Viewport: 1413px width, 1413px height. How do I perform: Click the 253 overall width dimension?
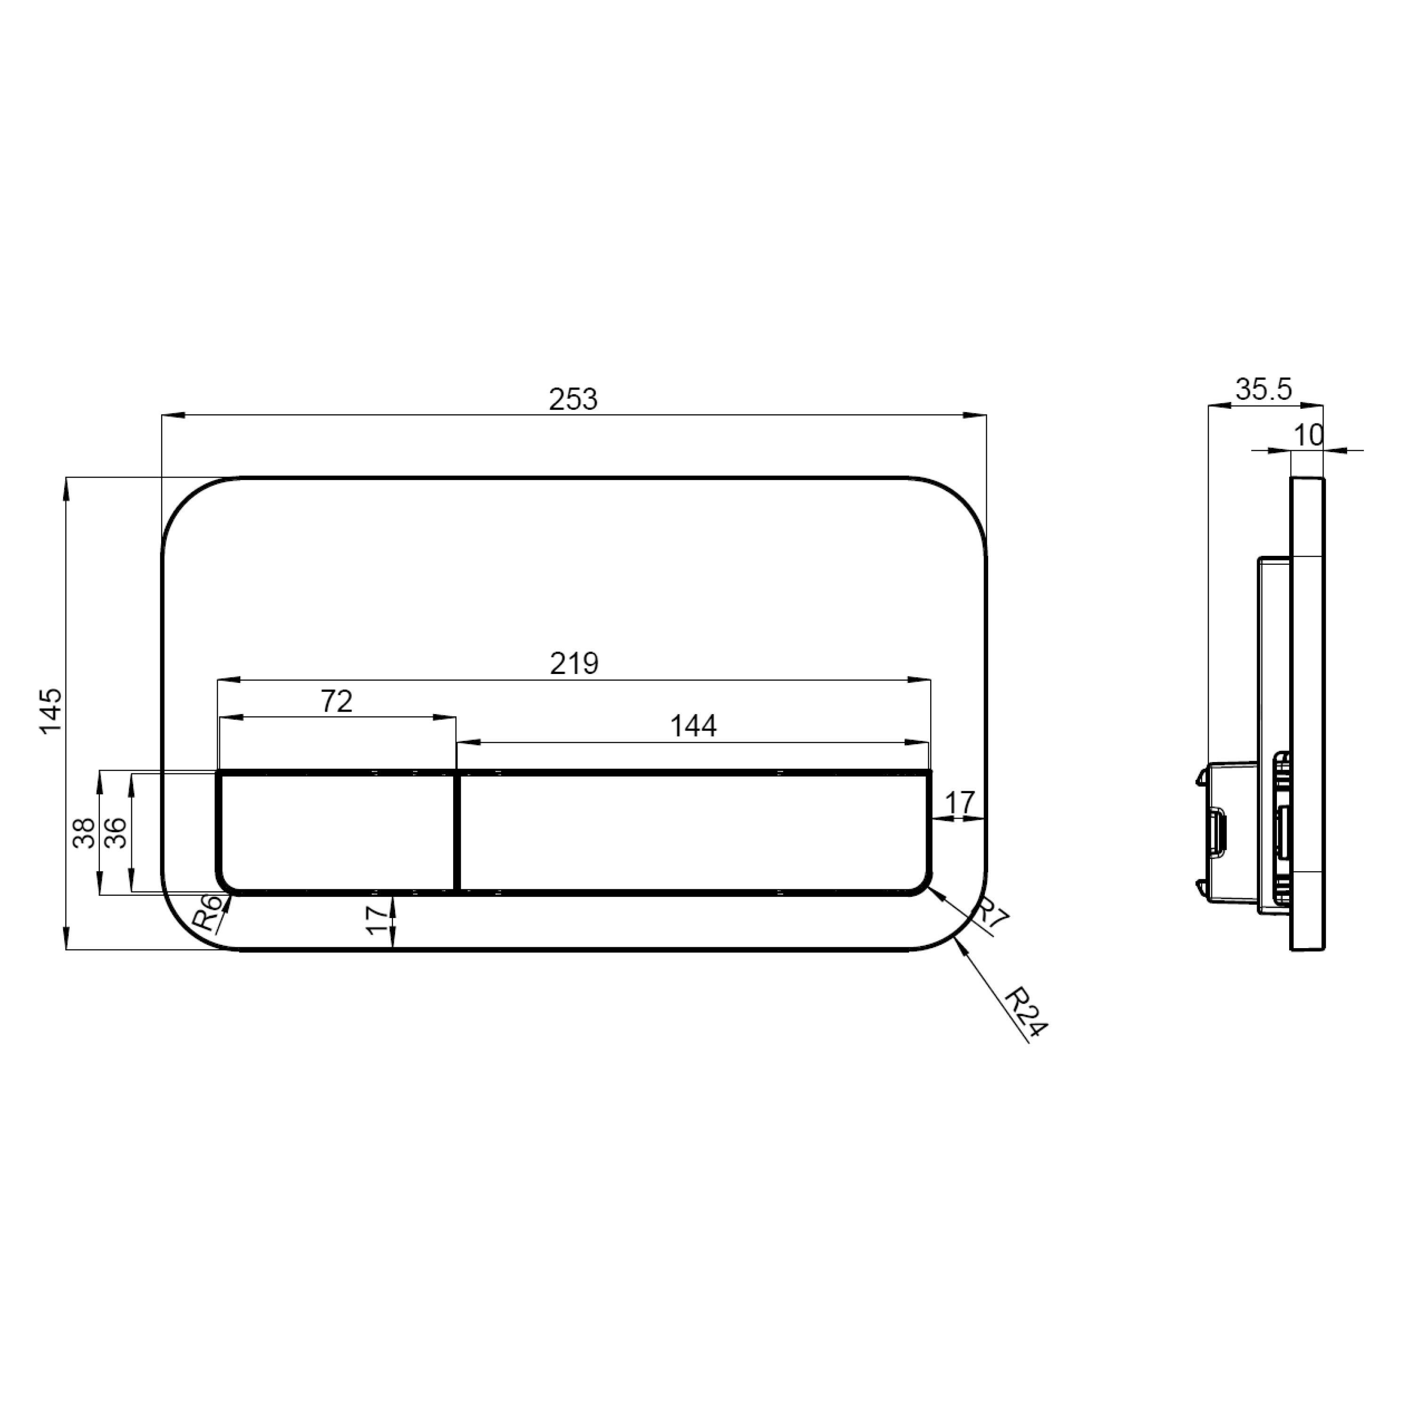tap(573, 399)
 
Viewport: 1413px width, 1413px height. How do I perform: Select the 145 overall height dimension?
tap(51, 712)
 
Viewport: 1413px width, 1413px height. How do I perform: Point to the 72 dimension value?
tap(336, 701)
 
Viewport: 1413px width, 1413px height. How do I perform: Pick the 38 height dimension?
tap(85, 832)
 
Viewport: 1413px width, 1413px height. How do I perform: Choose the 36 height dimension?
tap(115, 832)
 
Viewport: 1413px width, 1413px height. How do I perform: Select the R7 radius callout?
tap(993, 915)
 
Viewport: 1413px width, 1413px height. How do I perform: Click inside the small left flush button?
tap(336, 832)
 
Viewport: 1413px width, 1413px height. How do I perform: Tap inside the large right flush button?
tap(693, 832)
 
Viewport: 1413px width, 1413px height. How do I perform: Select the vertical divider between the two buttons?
tap(457, 832)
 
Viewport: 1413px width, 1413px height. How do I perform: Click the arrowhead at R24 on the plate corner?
tap(960, 943)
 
